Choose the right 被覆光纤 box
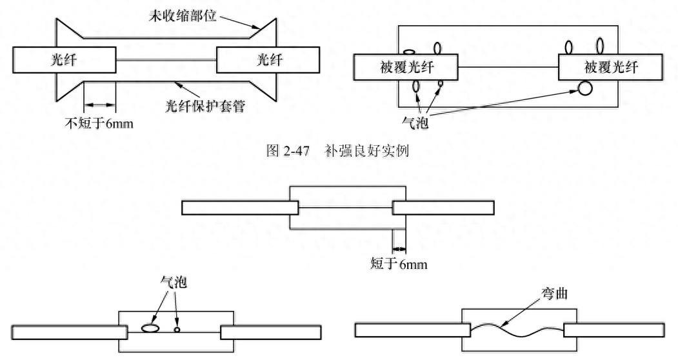(610, 67)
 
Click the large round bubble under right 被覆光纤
(584, 88)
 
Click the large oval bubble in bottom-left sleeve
(151, 328)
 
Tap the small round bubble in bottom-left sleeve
(177, 329)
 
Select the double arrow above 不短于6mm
(99, 104)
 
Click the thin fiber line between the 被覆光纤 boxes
(508, 67)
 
